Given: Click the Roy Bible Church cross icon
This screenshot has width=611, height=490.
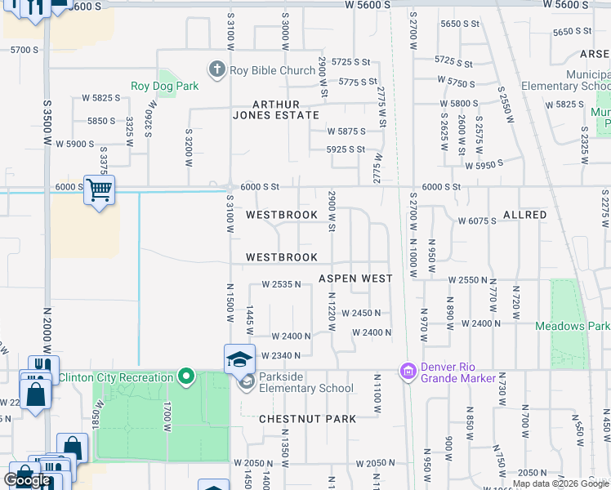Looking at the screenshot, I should [217, 70].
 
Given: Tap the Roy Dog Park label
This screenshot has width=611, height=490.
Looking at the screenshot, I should [166, 86].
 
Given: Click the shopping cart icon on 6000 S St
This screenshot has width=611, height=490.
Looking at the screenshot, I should [99, 190].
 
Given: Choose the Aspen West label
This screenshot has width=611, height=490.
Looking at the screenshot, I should [355, 278].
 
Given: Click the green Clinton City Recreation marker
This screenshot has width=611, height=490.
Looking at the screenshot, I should [186, 376].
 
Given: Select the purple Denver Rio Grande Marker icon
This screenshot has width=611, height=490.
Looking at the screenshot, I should [408, 372].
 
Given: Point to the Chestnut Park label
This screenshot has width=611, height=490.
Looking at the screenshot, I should [307, 419].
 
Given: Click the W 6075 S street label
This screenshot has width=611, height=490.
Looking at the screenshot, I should [477, 221].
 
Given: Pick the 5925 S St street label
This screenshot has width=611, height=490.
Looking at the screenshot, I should [346, 149].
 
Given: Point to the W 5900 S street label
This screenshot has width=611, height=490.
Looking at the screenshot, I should [71, 144].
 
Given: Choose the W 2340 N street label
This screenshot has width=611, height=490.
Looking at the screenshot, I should [281, 355].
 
